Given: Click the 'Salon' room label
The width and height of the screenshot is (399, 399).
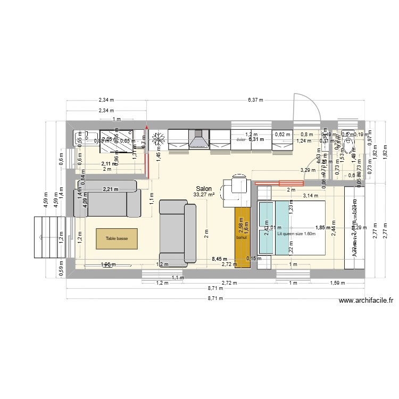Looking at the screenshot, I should pos(204,188).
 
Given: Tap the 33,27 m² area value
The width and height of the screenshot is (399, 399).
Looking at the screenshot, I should pos(204,195).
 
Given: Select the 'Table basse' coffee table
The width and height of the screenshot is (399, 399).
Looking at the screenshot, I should pos(117,239).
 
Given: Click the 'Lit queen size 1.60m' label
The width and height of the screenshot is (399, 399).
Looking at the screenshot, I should pos(296,233).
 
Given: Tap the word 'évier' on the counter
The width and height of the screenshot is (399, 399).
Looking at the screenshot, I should pos(240,140).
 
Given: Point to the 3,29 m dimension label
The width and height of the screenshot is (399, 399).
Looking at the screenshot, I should pos(308,170).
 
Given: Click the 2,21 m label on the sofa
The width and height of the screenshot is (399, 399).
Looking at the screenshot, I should pos(110,188).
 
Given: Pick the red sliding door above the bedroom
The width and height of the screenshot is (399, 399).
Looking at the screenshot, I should pos(279,184).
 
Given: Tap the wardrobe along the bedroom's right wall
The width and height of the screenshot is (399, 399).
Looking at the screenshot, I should pos(354,228).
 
